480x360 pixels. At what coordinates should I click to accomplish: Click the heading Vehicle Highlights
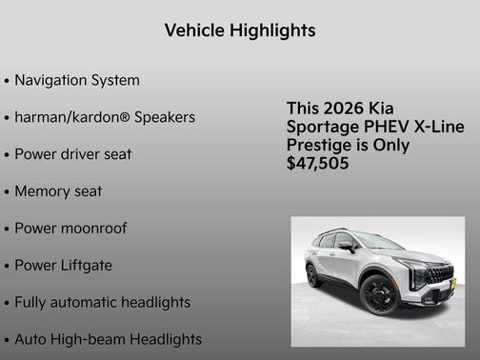coord(240,30)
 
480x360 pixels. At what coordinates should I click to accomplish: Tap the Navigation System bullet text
coord(77,80)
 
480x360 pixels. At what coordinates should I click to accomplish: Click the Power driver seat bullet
coord(73,154)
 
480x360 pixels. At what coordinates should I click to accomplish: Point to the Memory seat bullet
coord(58,191)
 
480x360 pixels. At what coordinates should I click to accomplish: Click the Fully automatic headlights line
coord(103,303)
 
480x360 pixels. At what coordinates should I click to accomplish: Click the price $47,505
coord(318,164)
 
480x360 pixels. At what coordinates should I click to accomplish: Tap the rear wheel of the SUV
coord(314,276)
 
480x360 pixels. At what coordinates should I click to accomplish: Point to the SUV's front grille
coord(439,275)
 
